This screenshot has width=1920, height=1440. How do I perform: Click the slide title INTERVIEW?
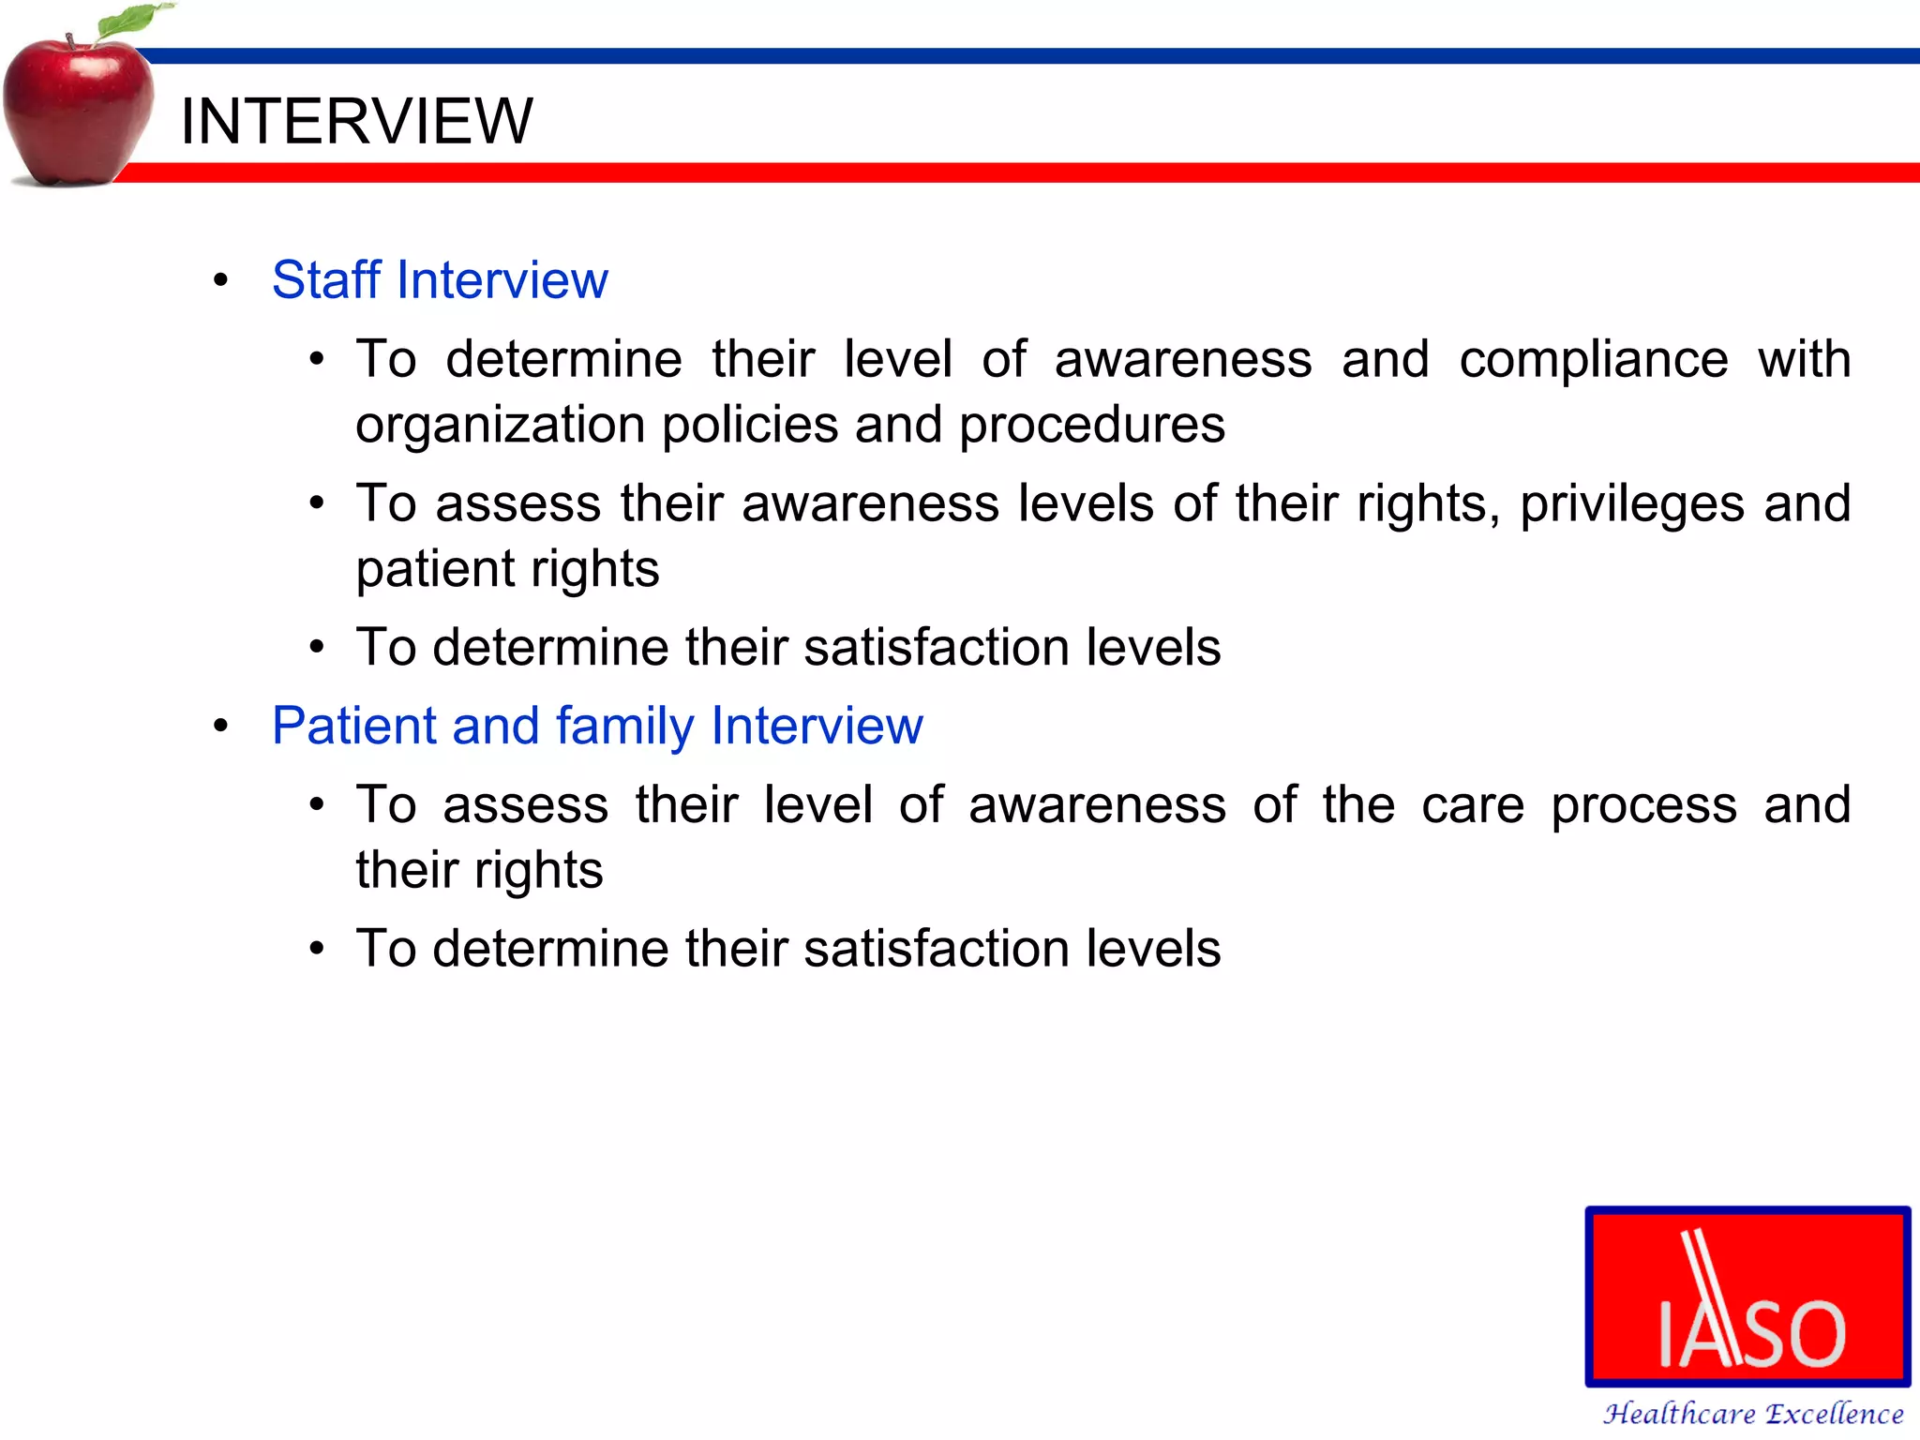[356, 121]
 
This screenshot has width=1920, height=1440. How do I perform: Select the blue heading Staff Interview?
[440, 279]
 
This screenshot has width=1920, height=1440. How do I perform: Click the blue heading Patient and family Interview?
[597, 726]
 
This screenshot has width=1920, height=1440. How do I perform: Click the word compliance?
[1593, 360]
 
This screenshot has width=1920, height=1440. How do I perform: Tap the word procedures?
[1091, 426]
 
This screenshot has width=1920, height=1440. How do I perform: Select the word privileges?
[1631, 504]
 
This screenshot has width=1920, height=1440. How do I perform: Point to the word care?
[1472, 805]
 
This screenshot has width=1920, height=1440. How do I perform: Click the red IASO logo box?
[1747, 1296]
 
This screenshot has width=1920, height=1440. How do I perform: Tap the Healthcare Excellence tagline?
[1752, 1414]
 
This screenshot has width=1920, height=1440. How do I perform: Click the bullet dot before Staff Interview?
[221, 279]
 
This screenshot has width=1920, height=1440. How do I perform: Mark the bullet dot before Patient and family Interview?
[221, 726]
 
